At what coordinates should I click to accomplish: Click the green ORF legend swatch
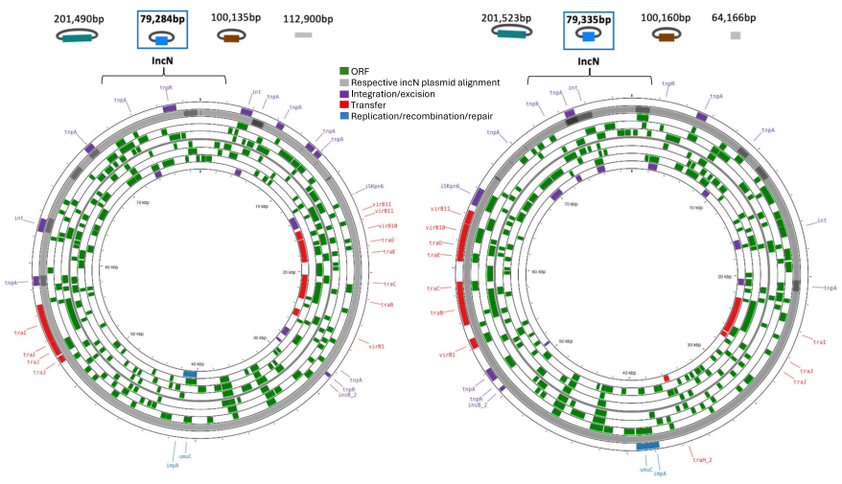[x=344, y=71]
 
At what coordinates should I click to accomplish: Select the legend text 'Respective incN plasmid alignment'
[x=425, y=82]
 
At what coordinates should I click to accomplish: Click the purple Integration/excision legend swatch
[x=344, y=94]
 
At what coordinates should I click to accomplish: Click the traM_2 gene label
[x=702, y=459]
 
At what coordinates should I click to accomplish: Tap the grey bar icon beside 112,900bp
[x=303, y=35]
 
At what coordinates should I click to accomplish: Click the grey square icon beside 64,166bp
[x=736, y=35]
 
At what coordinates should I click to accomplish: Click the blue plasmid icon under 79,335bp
[x=590, y=36]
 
